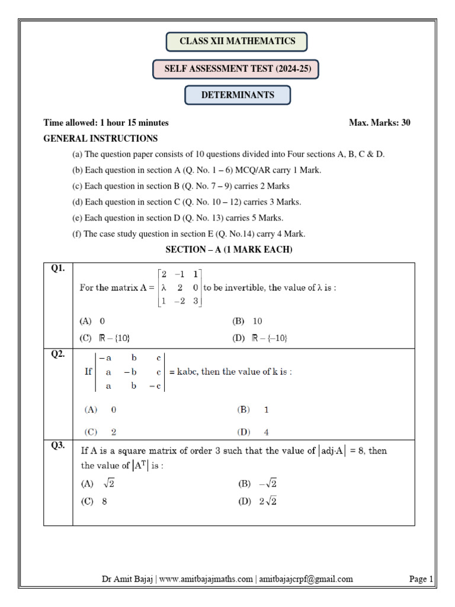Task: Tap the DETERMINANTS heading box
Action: [238, 95]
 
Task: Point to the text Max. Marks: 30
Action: [380, 123]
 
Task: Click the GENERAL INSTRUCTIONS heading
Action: [101, 139]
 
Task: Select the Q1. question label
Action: [57, 269]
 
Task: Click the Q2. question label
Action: [57, 354]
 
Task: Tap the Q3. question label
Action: [57, 446]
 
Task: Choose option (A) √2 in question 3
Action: [98, 484]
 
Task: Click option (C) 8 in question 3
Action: [94, 501]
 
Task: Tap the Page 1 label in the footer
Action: [421, 579]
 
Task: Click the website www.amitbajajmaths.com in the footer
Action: [206, 579]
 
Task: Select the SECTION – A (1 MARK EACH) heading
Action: [229, 250]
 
